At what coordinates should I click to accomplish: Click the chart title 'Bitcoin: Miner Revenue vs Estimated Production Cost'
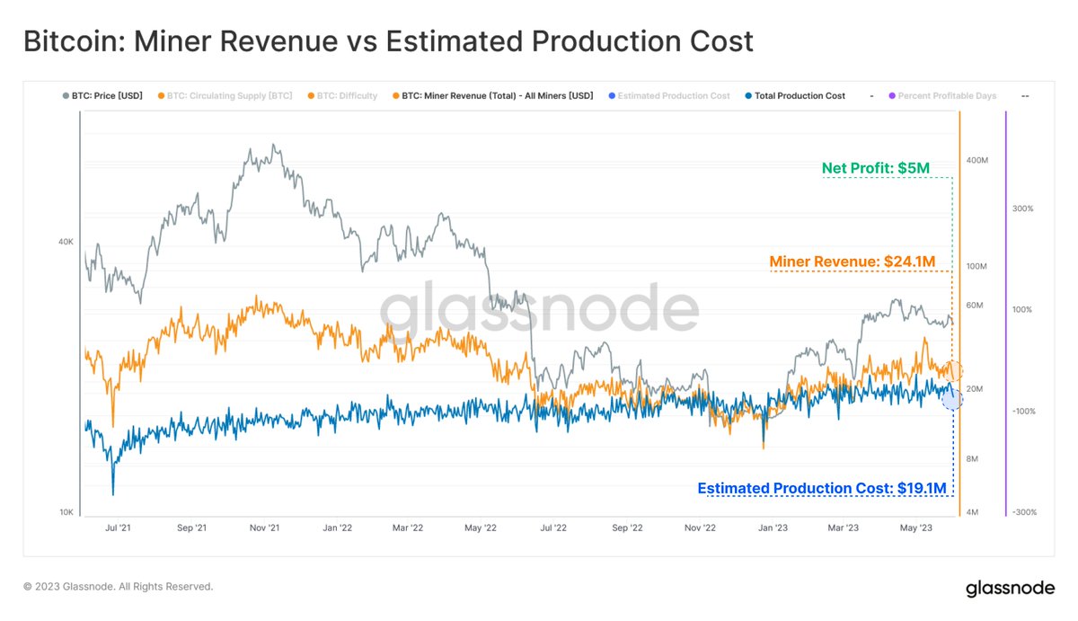coord(387,41)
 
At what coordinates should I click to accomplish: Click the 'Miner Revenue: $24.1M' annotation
coord(853,262)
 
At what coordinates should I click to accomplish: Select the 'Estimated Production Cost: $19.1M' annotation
coord(821,488)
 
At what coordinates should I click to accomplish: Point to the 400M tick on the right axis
coord(976,160)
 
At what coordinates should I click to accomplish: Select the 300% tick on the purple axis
coord(1022,208)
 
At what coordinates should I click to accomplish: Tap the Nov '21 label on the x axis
coord(263,528)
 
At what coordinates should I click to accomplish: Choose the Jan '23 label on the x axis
coord(773,528)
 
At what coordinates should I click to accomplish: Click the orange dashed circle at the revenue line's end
coord(954,370)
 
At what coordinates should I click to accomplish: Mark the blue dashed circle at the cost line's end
coord(952,398)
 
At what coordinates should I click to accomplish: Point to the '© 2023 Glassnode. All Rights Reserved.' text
coord(118,587)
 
